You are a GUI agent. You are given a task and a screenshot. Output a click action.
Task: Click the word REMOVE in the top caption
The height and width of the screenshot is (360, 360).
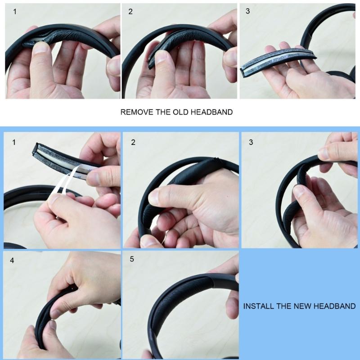click(x=135, y=112)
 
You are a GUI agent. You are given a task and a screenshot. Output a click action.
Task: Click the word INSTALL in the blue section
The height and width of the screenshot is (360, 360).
click(x=258, y=306)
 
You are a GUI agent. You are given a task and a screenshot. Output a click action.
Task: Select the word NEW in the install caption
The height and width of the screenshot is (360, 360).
click(x=301, y=306)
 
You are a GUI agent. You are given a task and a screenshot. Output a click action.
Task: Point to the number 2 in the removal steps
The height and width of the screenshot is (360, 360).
click(x=130, y=12)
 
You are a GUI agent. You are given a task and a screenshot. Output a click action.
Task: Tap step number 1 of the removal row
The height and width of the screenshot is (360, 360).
click(x=15, y=12)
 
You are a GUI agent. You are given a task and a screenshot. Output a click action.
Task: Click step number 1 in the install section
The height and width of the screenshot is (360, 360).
click(x=14, y=143)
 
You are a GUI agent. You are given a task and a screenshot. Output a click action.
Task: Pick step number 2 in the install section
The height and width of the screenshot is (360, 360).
click(x=133, y=143)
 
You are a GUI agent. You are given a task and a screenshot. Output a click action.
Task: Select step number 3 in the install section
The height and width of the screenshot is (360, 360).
click(x=251, y=143)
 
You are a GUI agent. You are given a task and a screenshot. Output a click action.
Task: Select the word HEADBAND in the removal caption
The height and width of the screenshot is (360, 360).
click(x=211, y=112)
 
